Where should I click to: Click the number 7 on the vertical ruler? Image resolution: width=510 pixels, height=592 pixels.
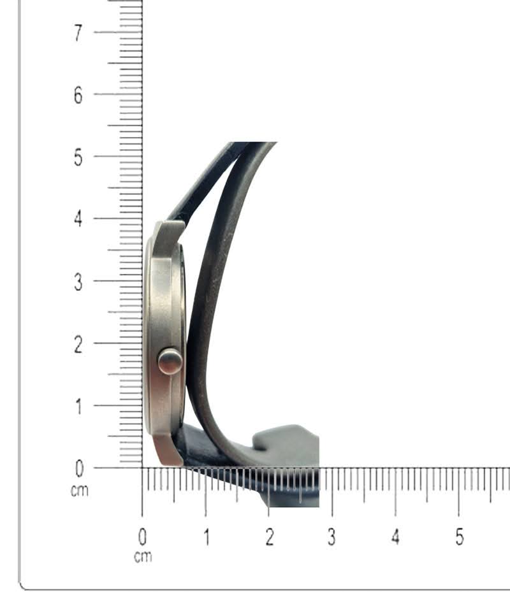pos(78,33)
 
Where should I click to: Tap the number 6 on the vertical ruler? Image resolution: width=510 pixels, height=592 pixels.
pos(78,95)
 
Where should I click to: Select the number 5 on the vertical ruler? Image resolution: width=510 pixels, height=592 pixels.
pos(78,157)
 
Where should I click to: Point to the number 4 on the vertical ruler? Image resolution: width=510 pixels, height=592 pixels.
pos(78,219)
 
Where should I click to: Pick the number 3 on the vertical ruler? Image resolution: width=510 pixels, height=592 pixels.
pos(78,282)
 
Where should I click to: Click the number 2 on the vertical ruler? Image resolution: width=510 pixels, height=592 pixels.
pos(78,344)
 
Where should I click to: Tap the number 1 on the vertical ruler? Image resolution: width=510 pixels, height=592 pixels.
pos(78,407)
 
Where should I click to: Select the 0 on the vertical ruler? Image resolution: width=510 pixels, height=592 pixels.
pos(79,469)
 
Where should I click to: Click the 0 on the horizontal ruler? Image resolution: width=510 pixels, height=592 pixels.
pos(142,537)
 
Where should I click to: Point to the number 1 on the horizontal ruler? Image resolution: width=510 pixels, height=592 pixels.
pos(207,537)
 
